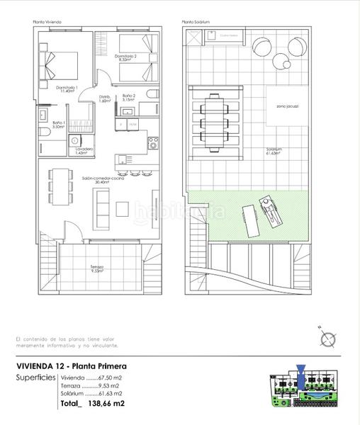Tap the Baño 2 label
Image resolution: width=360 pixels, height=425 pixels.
128,98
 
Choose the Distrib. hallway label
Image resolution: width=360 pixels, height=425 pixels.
105,98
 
